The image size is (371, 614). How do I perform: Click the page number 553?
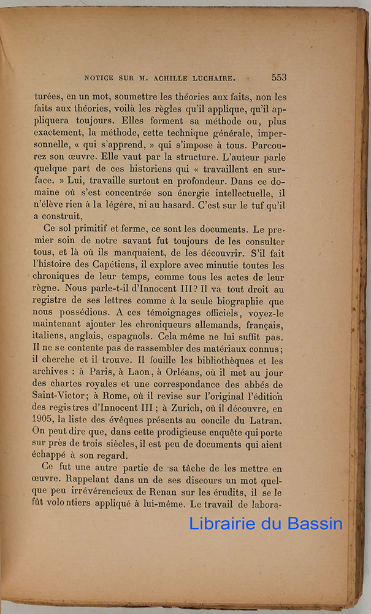point(278,77)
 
